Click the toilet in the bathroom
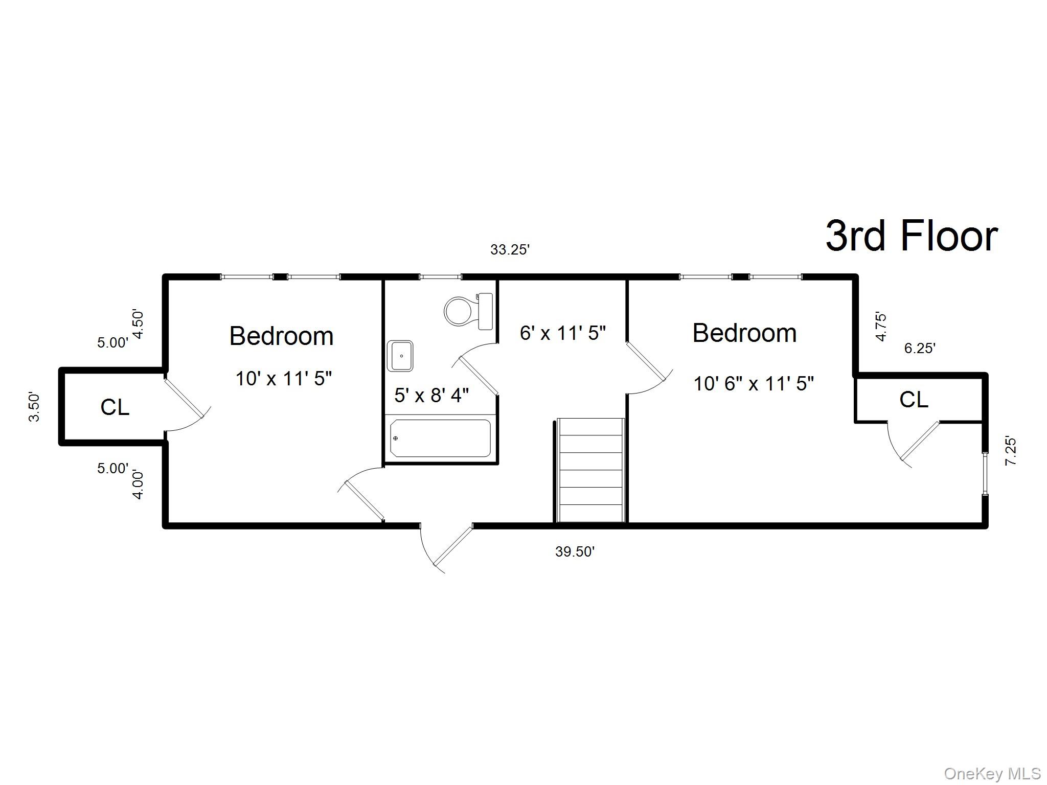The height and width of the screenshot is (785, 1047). point(468,311)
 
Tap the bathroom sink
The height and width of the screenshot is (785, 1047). point(400,356)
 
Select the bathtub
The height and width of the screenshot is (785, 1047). point(440,438)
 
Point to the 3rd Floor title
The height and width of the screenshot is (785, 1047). point(912,236)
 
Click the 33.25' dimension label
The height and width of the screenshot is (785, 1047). point(510,250)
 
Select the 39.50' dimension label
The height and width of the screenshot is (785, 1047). point(575,551)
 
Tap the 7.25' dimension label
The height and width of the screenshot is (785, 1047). point(1011,451)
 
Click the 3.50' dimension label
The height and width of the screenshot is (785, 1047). point(34,407)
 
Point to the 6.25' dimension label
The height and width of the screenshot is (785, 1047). point(920,349)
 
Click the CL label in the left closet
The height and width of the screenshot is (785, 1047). point(115,407)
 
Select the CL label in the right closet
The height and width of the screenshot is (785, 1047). point(914,400)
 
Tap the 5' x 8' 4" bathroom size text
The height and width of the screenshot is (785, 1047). point(431,395)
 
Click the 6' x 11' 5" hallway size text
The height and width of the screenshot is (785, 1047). point(563,333)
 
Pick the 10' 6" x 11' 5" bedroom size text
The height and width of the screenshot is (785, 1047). point(754,383)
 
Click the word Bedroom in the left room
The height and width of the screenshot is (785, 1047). point(282,336)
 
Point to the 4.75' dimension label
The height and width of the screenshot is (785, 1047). point(881,327)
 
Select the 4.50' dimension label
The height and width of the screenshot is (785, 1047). point(138,324)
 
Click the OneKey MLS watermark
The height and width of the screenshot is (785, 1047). point(992,774)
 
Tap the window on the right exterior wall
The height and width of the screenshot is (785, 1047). point(985,473)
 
